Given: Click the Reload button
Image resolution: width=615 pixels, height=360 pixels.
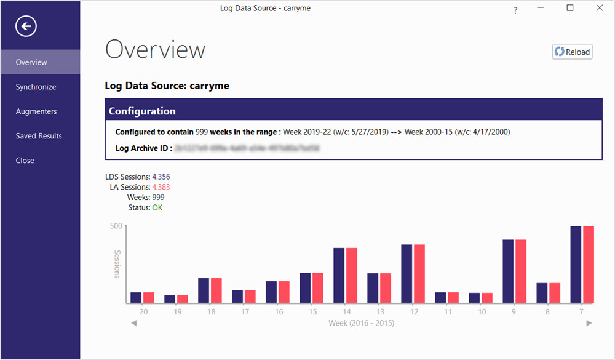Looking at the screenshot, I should [x=572, y=52].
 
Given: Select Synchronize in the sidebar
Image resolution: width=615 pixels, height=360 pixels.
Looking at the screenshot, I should [x=36, y=87].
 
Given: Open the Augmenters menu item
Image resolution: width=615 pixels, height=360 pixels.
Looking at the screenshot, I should [x=36, y=111].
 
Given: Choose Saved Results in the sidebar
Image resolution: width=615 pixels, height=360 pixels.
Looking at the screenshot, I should [x=39, y=136].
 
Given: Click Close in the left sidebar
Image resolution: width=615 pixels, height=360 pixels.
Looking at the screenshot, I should [x=25, y=161].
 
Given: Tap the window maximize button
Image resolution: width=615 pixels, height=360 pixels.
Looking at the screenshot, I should [x=570, y=8].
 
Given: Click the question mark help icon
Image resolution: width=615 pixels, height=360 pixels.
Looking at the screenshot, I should [x=515, y=10].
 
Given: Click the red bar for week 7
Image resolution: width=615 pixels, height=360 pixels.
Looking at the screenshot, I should [x=589, y=265].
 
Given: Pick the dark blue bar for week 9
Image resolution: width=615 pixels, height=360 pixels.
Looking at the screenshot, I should [x=509, y=271].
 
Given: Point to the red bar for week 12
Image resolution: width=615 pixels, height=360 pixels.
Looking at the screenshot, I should [x=419, y=274].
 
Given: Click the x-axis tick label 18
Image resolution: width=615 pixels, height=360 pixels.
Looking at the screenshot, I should [x=211, y=312].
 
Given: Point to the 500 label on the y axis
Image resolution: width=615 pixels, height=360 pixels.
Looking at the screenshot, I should [x=116, y=226].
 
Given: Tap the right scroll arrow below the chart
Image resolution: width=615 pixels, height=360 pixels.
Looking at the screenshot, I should [x=589, y=323].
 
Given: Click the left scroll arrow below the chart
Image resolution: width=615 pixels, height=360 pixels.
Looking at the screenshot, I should [x=134, y=323].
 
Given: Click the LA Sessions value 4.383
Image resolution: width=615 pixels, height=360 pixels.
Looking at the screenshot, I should [x=161, y=187].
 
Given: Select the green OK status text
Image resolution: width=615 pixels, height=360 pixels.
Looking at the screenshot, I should [x=157, y=208].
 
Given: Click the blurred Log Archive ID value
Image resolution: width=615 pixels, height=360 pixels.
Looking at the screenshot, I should [x=246, y=148].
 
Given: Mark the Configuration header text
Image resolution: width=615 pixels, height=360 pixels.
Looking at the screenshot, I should [x=142, y=111].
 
